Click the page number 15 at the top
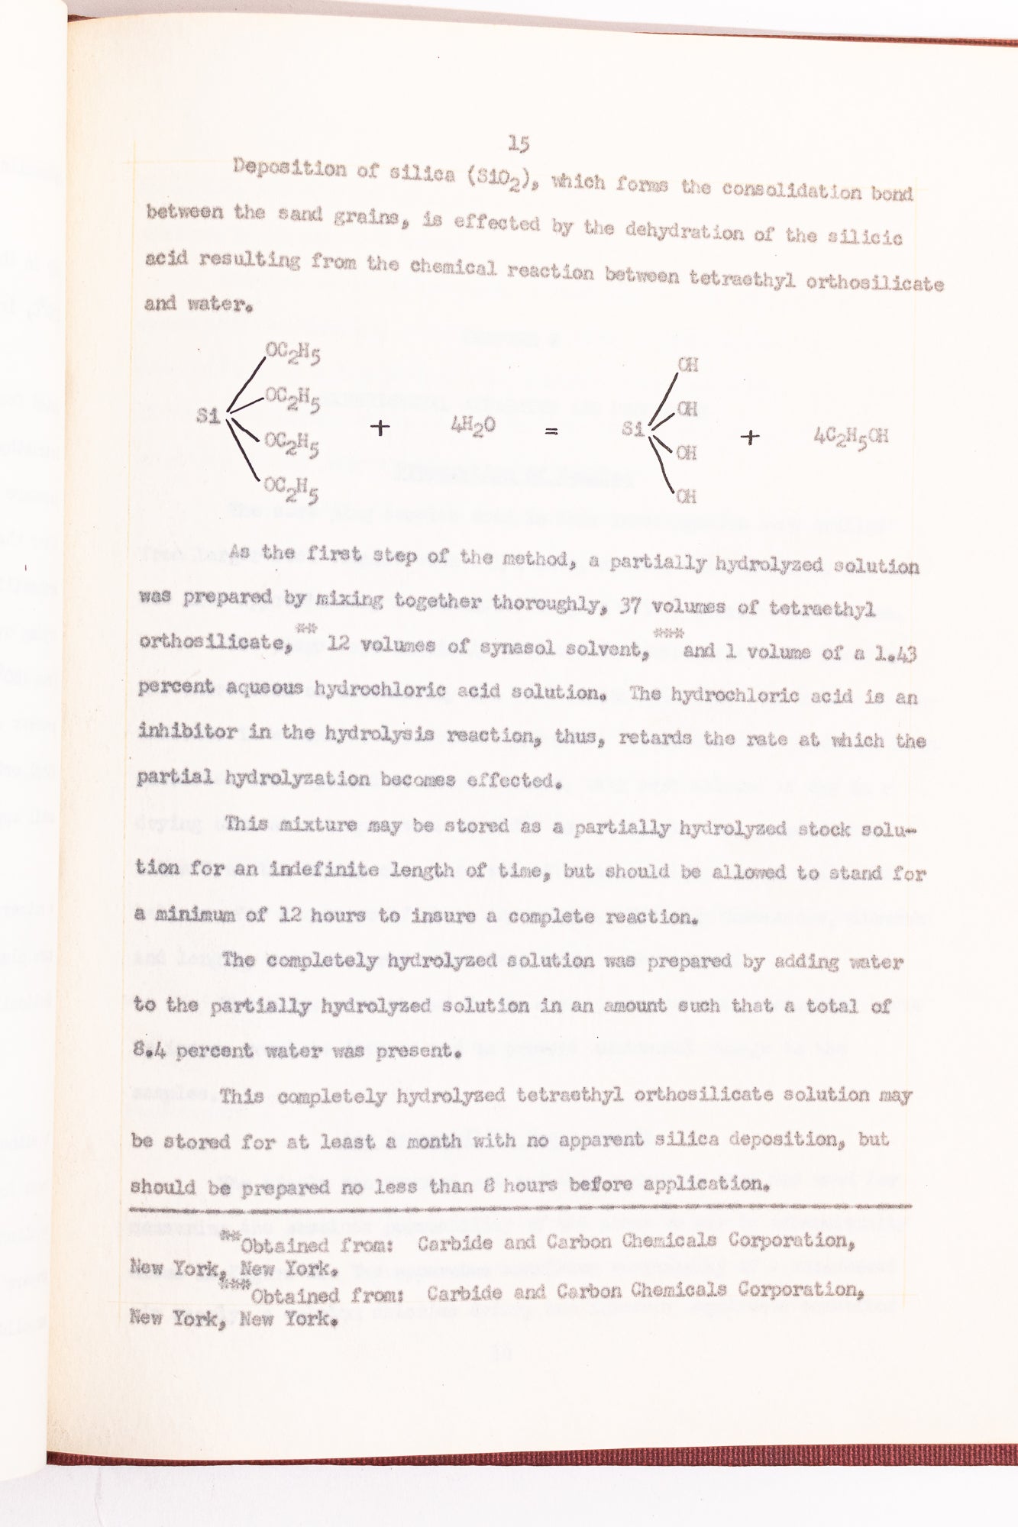[519, 143]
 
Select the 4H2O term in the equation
[473, 426]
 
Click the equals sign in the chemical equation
[551, 431]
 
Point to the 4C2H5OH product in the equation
[851, 437]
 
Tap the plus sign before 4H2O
[380, 428]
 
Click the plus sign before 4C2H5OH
[751, 437]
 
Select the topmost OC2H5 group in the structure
[292, 354]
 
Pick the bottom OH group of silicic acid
[686, 497]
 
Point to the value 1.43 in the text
[896, 654]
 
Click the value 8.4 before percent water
[150, 1050]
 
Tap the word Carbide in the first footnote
[455, 1243]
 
